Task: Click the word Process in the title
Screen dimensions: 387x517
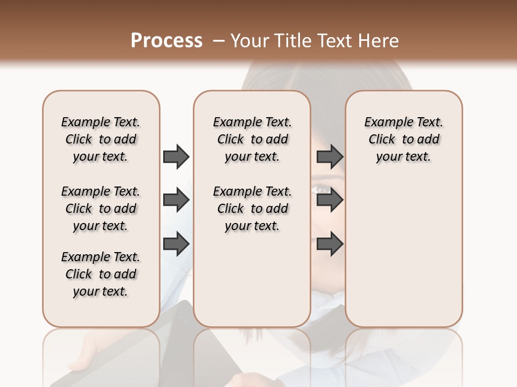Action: (x=166, y=41)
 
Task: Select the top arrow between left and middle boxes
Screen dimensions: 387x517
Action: (x=176, y=156)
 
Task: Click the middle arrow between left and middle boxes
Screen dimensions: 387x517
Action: (x=176, y=200)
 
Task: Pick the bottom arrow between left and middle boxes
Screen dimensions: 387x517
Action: (x=176, y=244)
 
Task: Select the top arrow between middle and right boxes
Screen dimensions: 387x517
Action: (x=330, y=156)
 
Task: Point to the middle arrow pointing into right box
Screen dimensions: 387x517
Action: (x=330, y=200)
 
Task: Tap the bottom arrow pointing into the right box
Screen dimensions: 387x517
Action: (x=330, y=244)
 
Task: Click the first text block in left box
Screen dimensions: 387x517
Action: (x=101, y=139)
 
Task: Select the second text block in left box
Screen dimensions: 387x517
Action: (x=101, y=209)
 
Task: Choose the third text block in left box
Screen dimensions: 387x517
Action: (x=101, y=274)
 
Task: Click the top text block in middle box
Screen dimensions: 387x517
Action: (x=252, y=139)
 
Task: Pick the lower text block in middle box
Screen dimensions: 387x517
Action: (x=252, y=209)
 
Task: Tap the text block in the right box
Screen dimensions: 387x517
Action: (x=403, y=139)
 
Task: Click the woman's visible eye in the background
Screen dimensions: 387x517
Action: (x=322, y=189)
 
